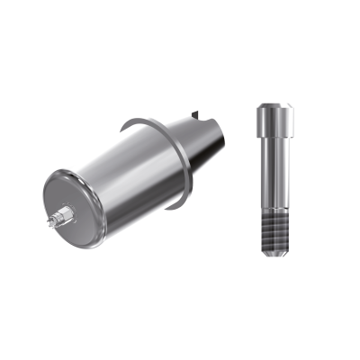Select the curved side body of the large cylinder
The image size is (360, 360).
[x=126, y=180]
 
